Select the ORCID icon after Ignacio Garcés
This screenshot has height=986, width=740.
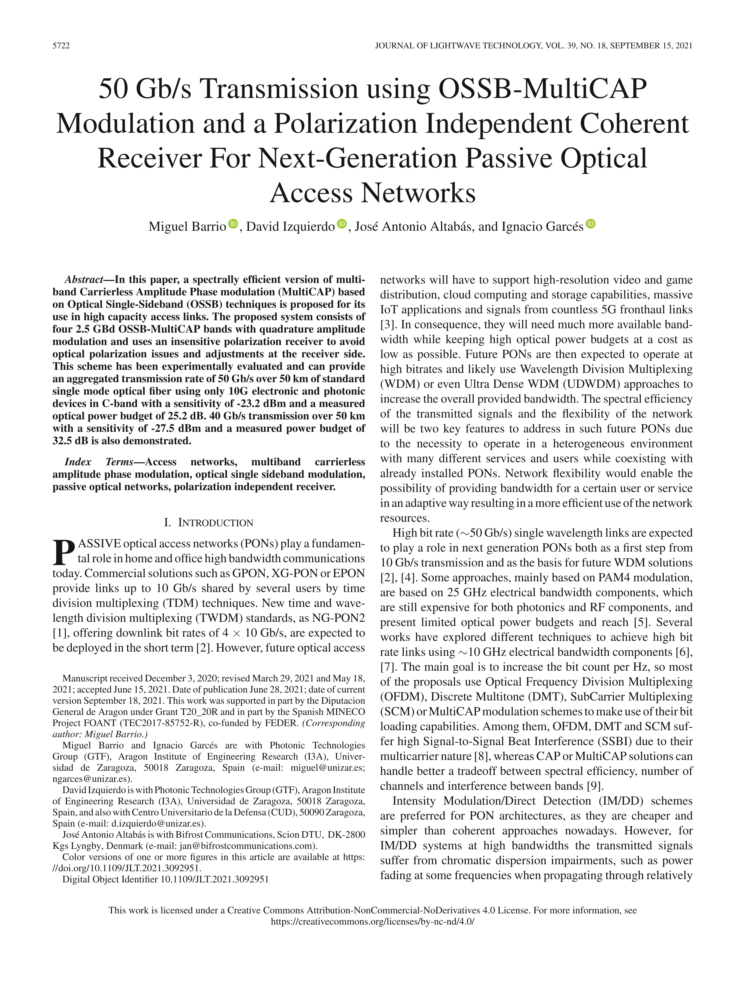tap(591, 224)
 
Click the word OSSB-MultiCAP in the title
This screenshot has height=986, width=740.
tap(543, 89)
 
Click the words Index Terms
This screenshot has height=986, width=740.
tap(99, 462)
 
